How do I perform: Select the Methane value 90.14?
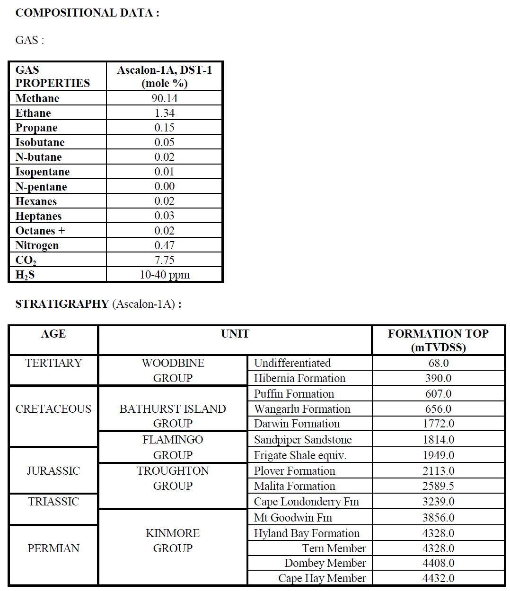pos(165,98)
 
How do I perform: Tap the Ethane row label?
pos(33,113)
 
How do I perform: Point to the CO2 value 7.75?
pos(165,260)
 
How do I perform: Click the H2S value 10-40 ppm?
pos(165,275)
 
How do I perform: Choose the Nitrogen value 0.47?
pos(165,245)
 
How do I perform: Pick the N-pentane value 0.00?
pos(165,186)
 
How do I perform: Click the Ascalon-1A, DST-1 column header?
pos(165,77)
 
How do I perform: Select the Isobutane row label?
pos(40,142)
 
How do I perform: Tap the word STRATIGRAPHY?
pos(62,304)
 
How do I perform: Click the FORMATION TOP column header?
pos(438,340)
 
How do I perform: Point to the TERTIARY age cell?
pos(53,363)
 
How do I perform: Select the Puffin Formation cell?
pos(294,394)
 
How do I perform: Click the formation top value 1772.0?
pos(438,424)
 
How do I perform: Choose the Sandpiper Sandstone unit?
pos(303,440)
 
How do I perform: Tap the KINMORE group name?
pos(173,533)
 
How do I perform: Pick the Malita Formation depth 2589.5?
pos(438,486)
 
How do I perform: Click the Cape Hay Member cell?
pos(322,578)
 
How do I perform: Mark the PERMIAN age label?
pos(53,548)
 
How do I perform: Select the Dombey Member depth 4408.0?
pos(438,563)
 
